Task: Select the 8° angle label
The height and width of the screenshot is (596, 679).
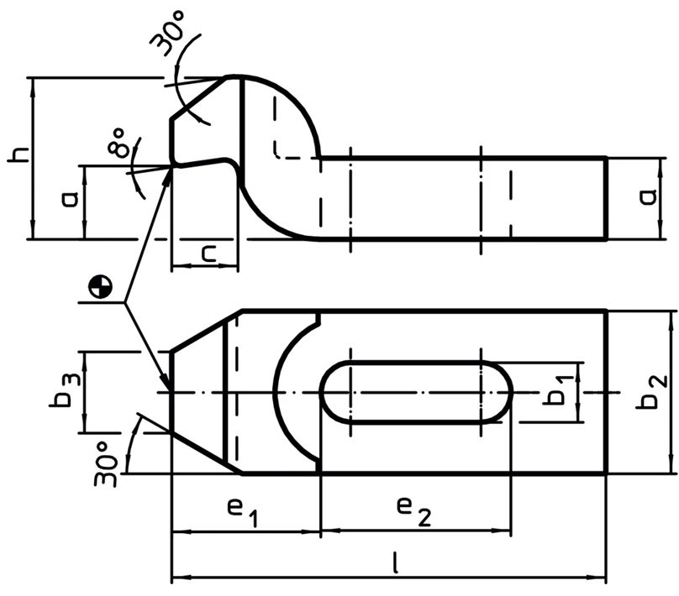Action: tap(118, 142)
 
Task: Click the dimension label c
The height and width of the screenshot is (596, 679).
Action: tap(209, 254)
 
